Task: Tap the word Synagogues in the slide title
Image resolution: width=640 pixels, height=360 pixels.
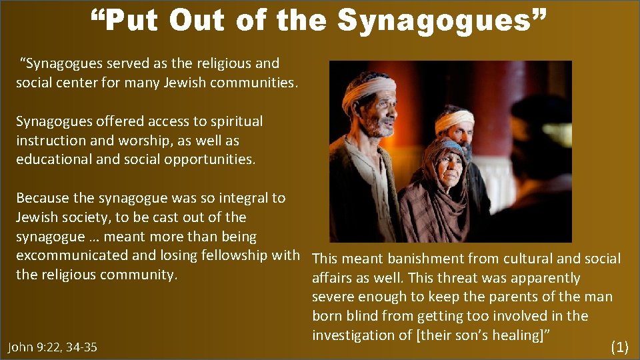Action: (x=441, y=20)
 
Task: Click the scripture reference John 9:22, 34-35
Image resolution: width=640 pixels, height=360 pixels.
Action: (x=52, y=347)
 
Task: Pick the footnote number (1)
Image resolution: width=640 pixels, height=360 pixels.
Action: (x=619, y=346)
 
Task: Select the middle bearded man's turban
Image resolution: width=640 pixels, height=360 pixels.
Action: (x=455, y=120)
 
